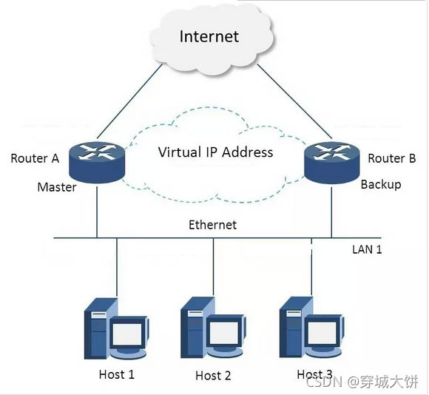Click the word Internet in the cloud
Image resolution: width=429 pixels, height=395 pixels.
(209, 36)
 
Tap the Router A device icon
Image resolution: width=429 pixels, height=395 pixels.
(97, 162)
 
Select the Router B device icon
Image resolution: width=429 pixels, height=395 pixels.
(332, 163)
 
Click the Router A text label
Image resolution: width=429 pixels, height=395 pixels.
(35, 158)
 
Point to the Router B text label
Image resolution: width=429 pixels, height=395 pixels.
(392, 158)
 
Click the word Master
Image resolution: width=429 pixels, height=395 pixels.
(57, 187)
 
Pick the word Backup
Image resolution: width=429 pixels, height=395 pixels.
(381, 184)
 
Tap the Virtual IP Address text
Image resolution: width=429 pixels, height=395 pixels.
(215, 152)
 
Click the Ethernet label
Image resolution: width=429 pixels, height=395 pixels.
(212, 225)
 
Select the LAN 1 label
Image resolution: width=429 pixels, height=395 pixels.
(367, 249)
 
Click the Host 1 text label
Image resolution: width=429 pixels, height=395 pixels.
(117, 374)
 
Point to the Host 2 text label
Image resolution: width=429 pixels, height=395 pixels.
(213, 376)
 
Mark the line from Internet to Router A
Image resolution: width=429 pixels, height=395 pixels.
(129, 101)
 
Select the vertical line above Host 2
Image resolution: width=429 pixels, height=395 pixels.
(214, 267)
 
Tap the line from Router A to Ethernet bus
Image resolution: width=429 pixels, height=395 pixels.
(97, 212)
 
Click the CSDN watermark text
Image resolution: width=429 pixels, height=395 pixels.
(324, 382)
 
